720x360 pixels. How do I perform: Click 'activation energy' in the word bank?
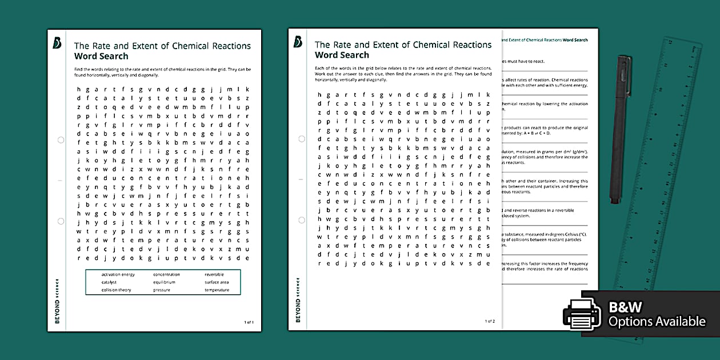118,275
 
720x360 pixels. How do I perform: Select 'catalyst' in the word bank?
109,282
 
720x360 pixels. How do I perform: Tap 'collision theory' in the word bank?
117,290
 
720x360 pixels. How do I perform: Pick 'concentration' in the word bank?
166,275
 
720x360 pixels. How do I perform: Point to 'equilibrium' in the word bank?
164,282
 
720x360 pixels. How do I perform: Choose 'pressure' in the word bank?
162,290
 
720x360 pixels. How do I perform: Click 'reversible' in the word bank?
214,275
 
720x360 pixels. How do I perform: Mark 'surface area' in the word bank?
217,282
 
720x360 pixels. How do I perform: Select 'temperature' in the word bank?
217,290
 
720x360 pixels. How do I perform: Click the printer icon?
582,313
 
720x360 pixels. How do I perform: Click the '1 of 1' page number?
249,322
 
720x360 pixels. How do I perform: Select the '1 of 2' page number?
490,321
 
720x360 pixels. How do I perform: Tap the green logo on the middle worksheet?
297,42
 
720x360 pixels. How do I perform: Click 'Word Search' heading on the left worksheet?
101,56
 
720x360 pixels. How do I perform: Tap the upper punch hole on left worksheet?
61,139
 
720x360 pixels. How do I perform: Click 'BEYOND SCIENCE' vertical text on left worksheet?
57,301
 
